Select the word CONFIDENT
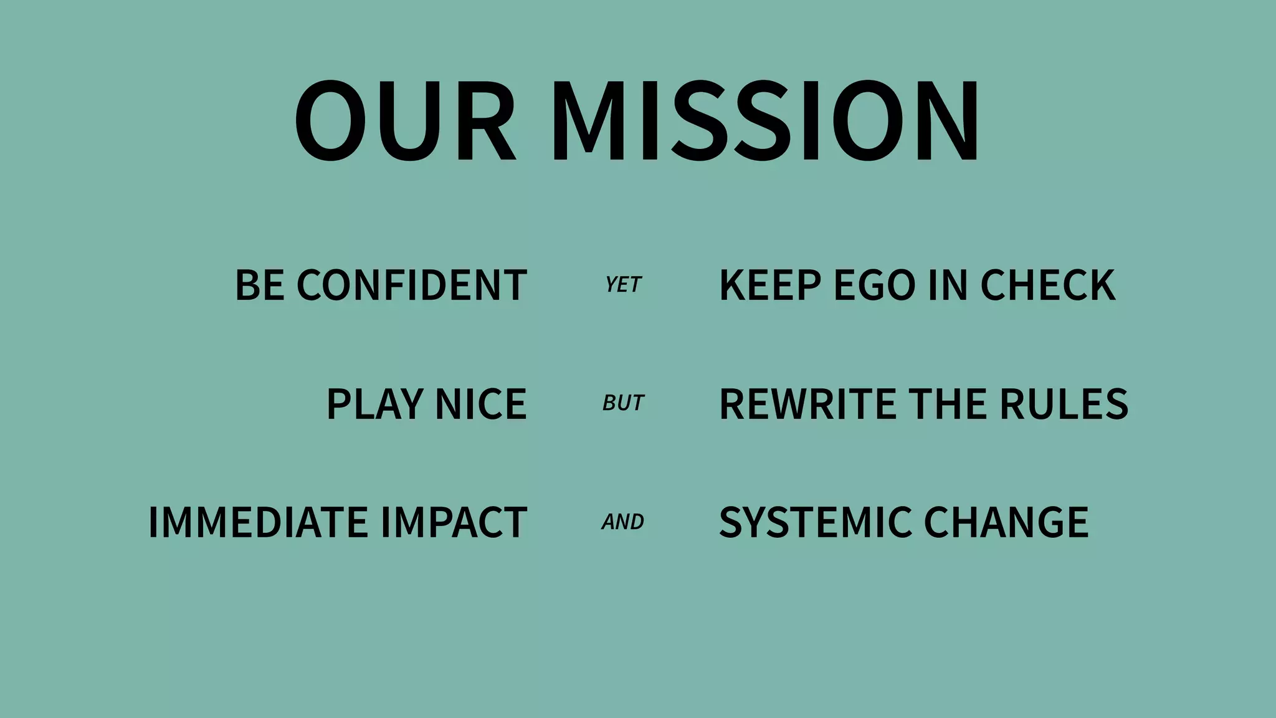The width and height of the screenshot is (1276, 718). [412, 285]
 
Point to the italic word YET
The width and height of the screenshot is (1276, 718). [623, 285]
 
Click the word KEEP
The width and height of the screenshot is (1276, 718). [770, 285]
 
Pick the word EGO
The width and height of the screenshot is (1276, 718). [874, 285]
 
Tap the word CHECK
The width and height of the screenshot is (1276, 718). [1048, 285]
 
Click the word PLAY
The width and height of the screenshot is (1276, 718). [375, 404]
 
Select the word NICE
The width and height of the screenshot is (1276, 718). [481, 404]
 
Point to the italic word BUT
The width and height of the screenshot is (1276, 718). [623, 403]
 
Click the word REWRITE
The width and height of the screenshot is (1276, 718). [808, 404]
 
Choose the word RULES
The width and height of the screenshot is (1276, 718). [1064, 404]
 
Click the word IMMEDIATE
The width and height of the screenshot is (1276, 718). [258, 522]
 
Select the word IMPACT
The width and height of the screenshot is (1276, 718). [454, 522]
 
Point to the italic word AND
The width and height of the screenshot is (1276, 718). [623, 522]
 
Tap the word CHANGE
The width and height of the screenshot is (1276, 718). [1006, 522]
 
